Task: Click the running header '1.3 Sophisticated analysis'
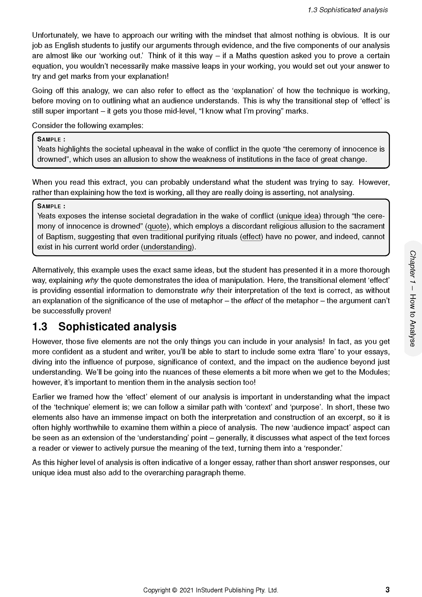347,10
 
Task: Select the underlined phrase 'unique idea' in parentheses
298,216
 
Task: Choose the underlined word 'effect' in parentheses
252,237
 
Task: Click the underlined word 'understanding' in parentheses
168,247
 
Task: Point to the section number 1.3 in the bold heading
40,327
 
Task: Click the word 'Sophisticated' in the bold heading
94,327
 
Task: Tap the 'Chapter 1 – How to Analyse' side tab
412,298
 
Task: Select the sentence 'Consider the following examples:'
88,126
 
